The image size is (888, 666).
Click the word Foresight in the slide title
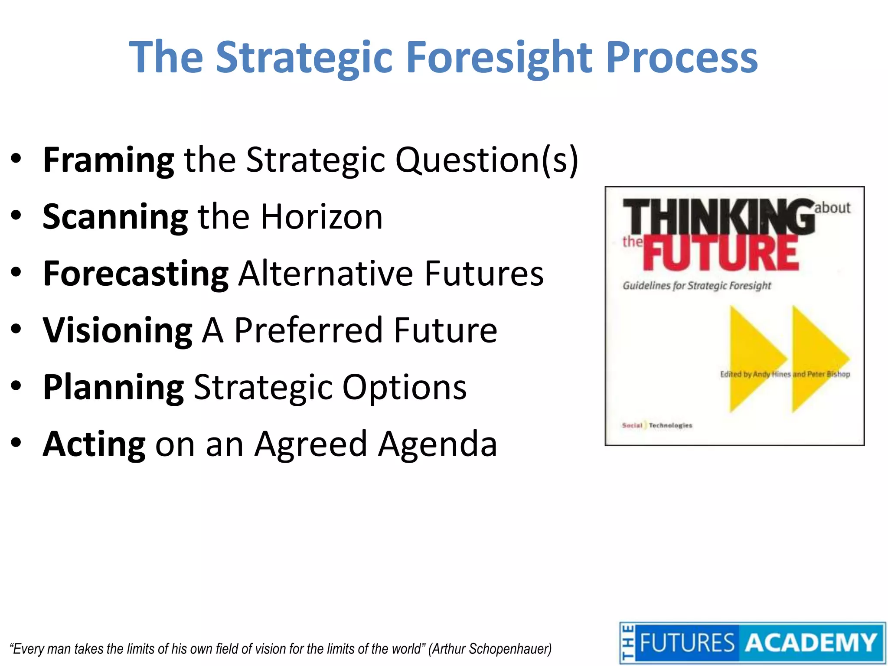tap(499, 58)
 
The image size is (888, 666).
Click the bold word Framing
tap(108, 160)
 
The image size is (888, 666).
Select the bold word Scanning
tap(115, 217)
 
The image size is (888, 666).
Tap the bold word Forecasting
tap(135, 274)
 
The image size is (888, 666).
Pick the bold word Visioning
tap(117, 330)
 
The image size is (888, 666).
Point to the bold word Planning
tap(114, 387)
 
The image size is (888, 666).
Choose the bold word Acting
tap(94, 444)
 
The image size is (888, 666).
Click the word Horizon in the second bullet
tap(321, 217)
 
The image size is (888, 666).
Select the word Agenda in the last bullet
tap(437, 444)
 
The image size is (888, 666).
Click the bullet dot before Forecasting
tap(16, 273)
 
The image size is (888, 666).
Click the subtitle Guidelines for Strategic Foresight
tap(697, 286)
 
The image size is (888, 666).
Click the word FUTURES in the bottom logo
tap(687, 643)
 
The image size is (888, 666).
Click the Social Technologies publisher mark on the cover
tap(657, 425)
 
